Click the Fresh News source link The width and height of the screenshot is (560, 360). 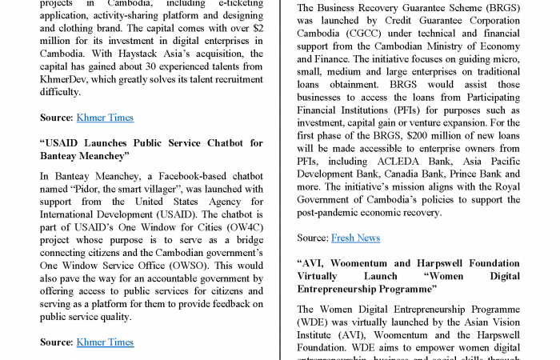click(x=355, y=238)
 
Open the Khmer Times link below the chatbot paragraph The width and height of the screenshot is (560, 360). click(x=105, y=342)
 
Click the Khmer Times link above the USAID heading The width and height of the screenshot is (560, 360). click(x=105, y=118)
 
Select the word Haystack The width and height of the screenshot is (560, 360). click(x=146, y=54)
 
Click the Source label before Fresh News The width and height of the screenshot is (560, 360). click(x=313, y=238)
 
